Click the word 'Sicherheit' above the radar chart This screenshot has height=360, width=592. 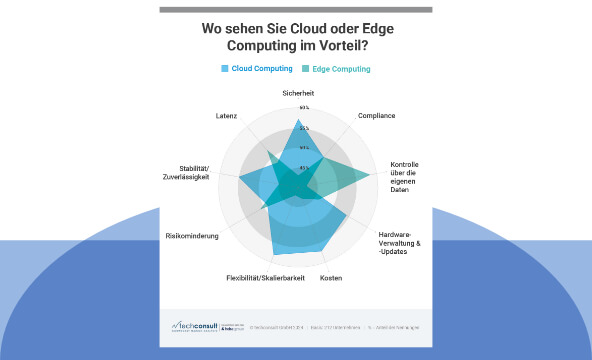click(297, 93)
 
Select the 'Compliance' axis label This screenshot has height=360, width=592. click(375, 116)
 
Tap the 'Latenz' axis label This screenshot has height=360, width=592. click(226, 116)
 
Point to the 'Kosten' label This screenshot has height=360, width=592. click(331, 277)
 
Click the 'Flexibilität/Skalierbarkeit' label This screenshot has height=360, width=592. click(265, 277)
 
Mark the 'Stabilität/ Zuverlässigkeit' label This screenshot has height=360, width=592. click(189, 171)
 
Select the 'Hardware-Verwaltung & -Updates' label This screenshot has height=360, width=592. click(401, 243)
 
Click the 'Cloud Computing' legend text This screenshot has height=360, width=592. click(262, 69)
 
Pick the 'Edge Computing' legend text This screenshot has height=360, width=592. click(341, 69)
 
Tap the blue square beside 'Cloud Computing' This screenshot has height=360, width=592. click(225, 69)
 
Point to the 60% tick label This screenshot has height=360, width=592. click(304, 107)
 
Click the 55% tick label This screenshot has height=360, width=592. click(304, 128)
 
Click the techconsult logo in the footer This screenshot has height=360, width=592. click(199, 326)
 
